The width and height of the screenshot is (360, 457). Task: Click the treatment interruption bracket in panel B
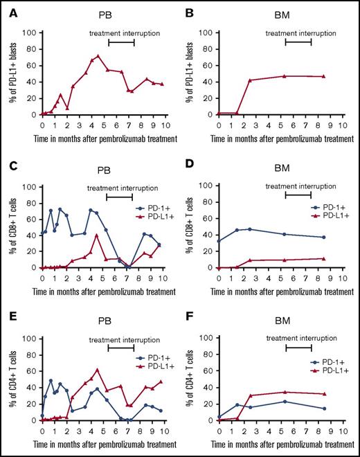click(x=298, y=43)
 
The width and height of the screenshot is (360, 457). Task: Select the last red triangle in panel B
click(x=323, y=76)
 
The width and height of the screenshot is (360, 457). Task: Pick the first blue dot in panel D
click(x=219, y=240)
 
